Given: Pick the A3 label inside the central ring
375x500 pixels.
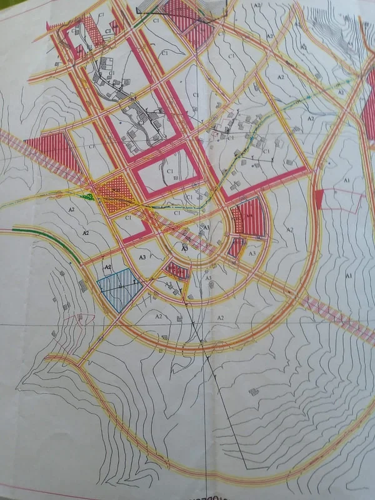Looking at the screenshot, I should [185, 249].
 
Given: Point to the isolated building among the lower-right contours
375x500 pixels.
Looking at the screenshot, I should [254, 392].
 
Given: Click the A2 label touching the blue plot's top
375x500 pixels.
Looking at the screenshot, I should [107, 267].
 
